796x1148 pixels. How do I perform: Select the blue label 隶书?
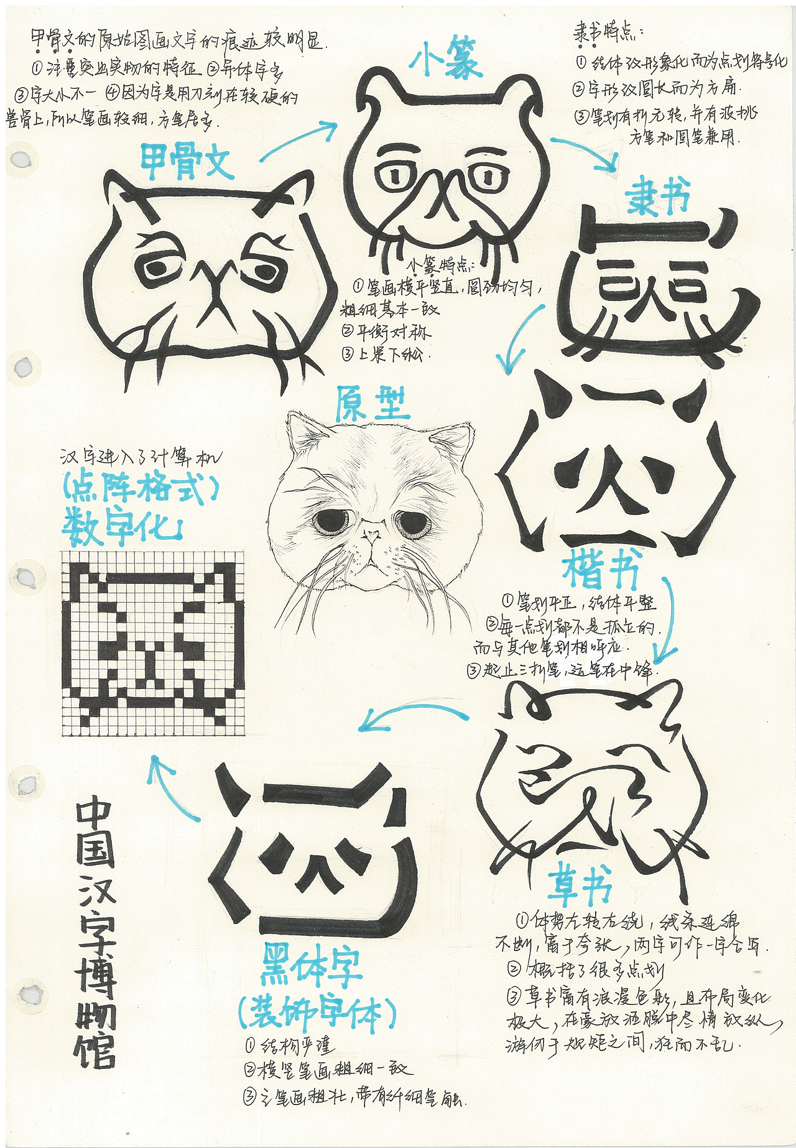[659, 196]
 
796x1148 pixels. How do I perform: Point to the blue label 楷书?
[601, 570]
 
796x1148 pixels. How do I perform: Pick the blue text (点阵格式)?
[141, 491]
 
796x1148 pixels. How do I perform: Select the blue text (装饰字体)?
[317, 1015]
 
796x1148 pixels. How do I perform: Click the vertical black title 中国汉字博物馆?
[95, 933]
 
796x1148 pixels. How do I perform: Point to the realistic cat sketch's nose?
[372, 533]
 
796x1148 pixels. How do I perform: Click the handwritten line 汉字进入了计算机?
[141, 458]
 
